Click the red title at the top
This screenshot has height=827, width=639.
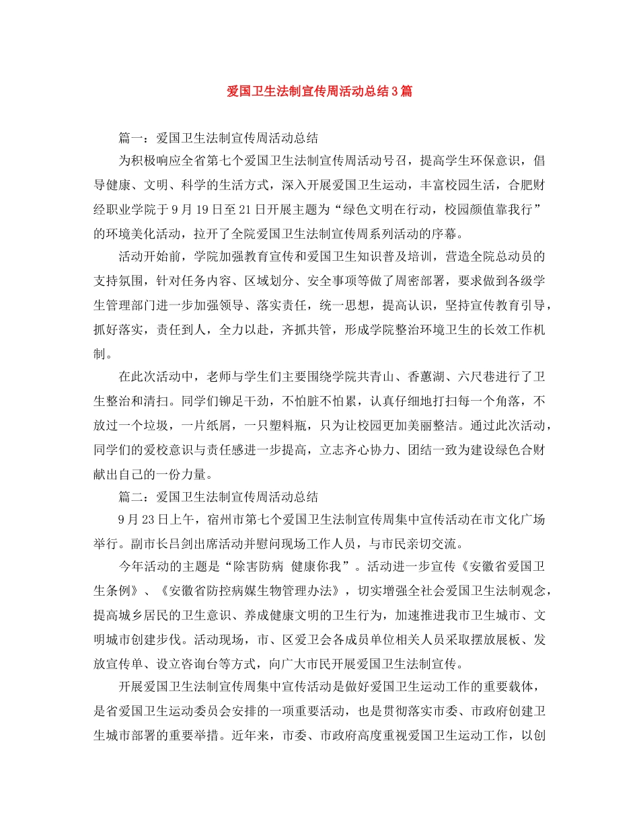[319, 91]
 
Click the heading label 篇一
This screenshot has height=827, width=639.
[130, 139]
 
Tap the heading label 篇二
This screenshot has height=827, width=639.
[130, 498]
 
